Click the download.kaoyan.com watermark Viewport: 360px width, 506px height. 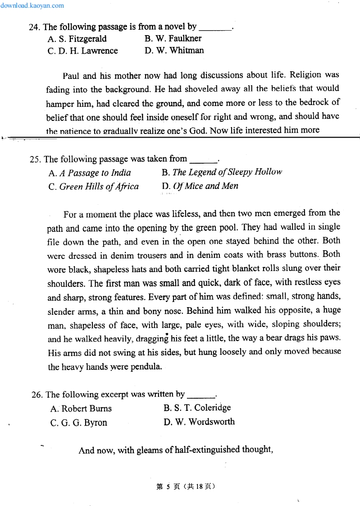[x=32, y=6]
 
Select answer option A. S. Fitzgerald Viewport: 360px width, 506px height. [x=77, y=39]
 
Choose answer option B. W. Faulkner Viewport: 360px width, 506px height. [x=173, y=38]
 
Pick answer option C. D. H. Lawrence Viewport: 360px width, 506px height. [x=82, y=51]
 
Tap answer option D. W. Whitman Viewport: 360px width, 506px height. [x=174, y=51]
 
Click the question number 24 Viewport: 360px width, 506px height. [x=35, y=27]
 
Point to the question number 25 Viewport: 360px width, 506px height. [x=36, y=159]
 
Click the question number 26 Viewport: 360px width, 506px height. [x=37, y=395]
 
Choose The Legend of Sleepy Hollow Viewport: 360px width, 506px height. [x=222, y=172]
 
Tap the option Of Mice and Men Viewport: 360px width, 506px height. [x=200, y=186]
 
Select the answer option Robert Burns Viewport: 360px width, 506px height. [x=81, y=409]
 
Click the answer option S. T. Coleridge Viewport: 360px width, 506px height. [x=197, y=408]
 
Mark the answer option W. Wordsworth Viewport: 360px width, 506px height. [x=199, y=422]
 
